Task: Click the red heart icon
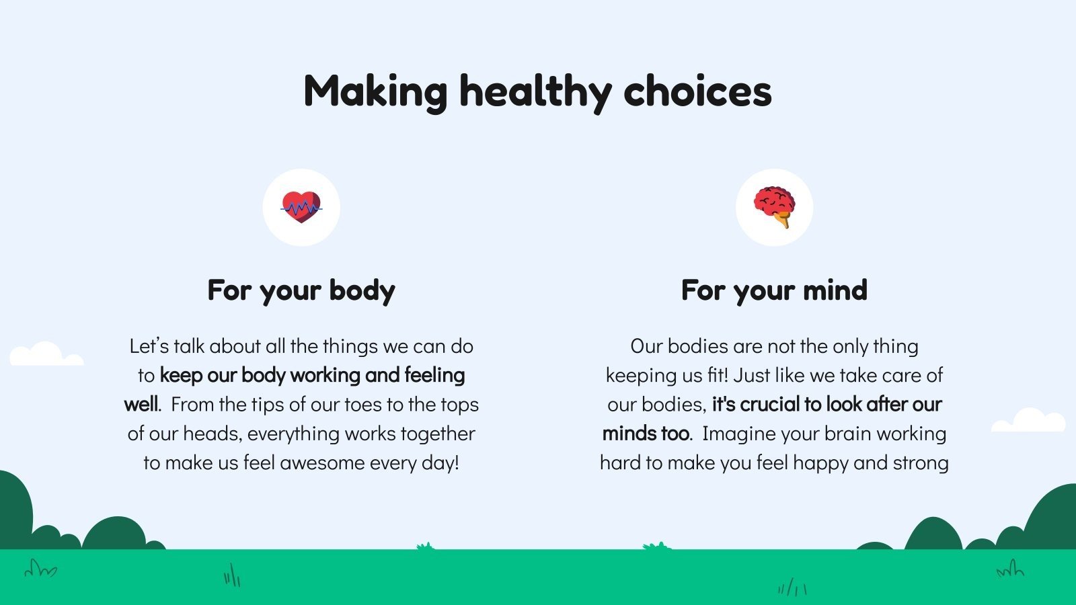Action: point(301,207)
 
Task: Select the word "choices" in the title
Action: point(697,91)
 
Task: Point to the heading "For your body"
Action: point(301,290)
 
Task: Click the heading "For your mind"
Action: point(774,290)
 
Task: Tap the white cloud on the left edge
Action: point(46,354)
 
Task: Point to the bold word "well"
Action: point(141,404)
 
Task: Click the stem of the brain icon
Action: point(784,221)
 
